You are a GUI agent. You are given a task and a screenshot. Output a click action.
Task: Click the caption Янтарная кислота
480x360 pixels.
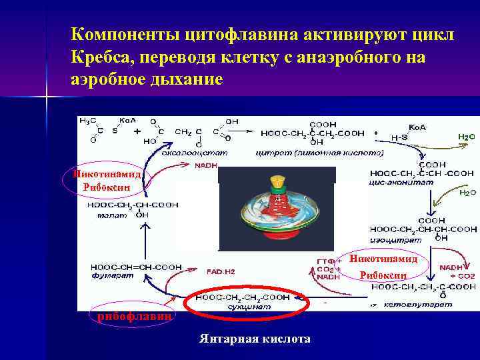(255, 339)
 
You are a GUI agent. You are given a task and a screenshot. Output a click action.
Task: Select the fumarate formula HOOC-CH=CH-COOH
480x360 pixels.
(136, 267)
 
